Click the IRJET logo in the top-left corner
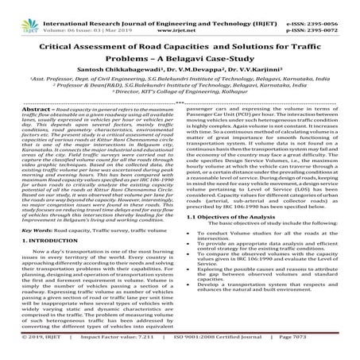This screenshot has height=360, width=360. point(15,10)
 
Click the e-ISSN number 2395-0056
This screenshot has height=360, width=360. point(326,6)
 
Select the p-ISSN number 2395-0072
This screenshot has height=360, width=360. point(326,14)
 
